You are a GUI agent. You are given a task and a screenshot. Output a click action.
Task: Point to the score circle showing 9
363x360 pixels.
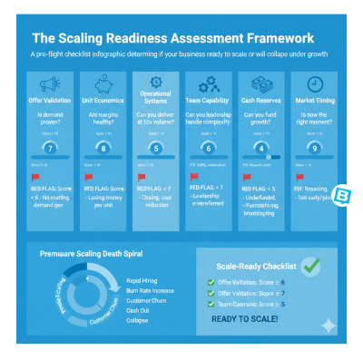coord(313,146)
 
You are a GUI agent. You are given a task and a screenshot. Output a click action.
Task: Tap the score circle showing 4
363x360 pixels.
coord(261,148)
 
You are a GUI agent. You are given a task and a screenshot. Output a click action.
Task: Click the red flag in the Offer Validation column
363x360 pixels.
coord(36,179)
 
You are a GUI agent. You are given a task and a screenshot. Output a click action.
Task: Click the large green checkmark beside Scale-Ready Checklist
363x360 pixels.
coord(310,266)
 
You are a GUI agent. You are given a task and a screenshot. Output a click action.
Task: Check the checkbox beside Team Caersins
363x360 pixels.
coord(211,304)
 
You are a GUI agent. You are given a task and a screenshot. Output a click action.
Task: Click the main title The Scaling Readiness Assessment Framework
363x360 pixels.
coord(172,39)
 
